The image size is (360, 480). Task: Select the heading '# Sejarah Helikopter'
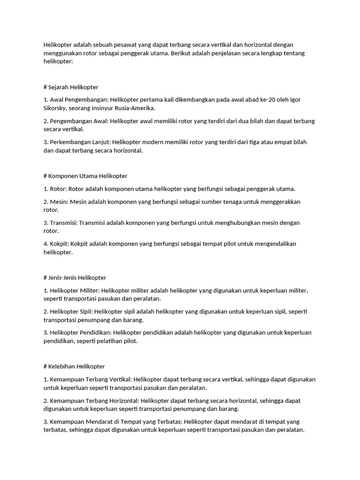pos(71,87)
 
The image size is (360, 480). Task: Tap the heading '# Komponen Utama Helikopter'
pos(85,176)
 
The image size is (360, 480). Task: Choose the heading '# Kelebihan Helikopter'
pos(74,366)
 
